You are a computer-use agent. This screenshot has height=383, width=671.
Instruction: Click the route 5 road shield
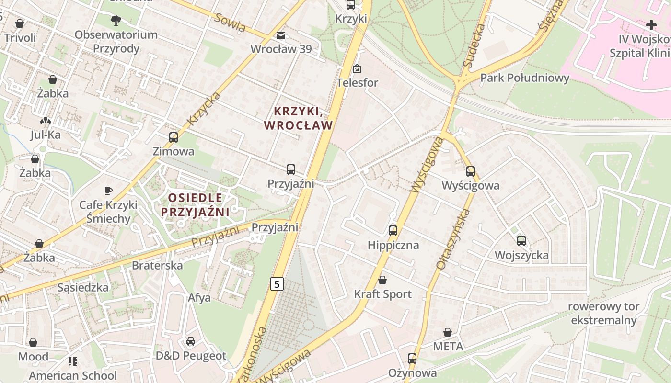click(277, 284)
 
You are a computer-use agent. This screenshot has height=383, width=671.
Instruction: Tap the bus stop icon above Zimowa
click(174, 137)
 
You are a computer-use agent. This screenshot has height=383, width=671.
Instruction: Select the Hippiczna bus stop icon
click(393, 231)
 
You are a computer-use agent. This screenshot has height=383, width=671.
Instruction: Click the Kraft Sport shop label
click(382, 294)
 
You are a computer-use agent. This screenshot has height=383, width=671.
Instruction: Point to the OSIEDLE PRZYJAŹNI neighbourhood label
click(195, 204)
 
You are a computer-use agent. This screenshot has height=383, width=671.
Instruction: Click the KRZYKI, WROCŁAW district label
click(298, 118)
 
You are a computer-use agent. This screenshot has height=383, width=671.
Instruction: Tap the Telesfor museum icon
click(357, 69)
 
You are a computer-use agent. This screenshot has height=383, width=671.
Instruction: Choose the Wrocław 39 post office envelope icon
click(281, 35)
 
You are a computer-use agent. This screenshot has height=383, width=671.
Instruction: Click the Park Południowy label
click(525, 78)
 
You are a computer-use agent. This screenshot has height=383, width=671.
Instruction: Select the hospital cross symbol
click(651, 25)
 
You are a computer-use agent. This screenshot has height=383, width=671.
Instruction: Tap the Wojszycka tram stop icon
click(521, 241)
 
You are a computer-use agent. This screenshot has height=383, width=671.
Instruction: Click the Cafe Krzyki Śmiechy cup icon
click(108, 191)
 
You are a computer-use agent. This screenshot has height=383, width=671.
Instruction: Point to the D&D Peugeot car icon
click(191, 341)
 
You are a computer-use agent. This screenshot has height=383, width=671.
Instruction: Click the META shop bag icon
click(448, 332)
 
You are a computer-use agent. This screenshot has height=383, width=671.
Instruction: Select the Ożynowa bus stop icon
click(412, 359)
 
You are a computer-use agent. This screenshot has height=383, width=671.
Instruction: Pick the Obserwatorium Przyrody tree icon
click(116, 21)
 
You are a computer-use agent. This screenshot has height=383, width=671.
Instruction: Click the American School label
click(73, 375)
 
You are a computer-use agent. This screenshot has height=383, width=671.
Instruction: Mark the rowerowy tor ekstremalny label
click(604, 313)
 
